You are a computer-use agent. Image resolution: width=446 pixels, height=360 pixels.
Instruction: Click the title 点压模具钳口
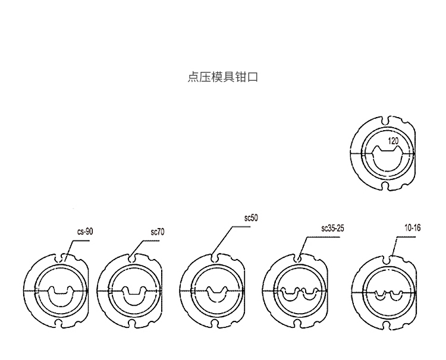tap(223, 77)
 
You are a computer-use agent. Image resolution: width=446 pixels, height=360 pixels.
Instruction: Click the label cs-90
tap(85, 231)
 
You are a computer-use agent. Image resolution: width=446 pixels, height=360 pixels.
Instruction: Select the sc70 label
tap(158, 232)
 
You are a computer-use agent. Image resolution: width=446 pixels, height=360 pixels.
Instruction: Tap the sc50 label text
tap(251, 218)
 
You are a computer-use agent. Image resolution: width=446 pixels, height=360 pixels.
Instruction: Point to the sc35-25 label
tap(332, 228)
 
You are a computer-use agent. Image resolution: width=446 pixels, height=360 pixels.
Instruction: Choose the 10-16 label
tap(413, 228)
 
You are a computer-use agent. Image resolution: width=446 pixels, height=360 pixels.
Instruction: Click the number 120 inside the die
tap(394, 141)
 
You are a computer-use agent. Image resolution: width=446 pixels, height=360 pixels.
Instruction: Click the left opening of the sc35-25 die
tap(290, 294)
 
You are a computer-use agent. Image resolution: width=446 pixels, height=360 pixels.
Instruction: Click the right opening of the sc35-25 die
tap(309, 294)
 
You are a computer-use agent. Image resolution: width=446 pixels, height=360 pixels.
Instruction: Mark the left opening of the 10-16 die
tap(380, 295)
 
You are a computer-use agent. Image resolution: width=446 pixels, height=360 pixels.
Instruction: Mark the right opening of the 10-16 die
tap(395, 295)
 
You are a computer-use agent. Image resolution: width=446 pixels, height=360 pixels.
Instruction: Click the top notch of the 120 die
tap(385, 121)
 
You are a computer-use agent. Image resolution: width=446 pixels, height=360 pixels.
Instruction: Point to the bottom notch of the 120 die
tap(385, 186)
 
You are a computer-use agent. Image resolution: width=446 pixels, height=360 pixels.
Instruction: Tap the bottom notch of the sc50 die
tap(215, 323)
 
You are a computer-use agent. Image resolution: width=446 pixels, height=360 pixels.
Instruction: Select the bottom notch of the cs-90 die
tap(59, 323)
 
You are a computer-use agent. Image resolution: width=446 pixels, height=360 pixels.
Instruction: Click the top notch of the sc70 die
tap(131, 258)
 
